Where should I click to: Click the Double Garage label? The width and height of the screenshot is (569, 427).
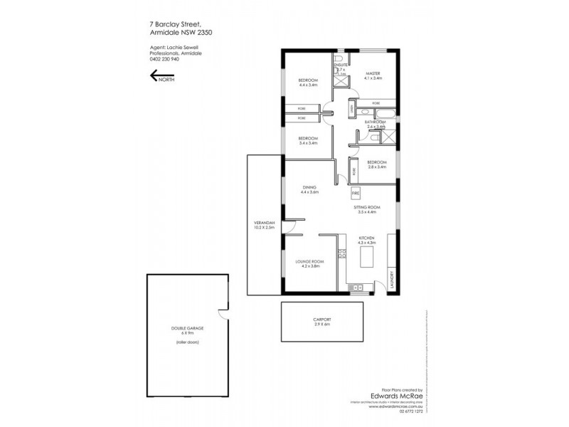(x=184, y=328)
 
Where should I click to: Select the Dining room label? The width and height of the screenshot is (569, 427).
(x=309, y=187)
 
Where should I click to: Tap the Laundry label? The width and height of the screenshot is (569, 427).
(x=391, y=276)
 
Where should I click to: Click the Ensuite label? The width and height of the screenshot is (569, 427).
(x=340, y=65)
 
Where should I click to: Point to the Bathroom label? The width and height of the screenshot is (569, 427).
(x=375, y=122)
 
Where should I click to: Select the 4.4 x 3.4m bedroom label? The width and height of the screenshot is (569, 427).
(x=308, y=81)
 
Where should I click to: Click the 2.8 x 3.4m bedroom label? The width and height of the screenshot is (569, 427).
(x=376, y=162)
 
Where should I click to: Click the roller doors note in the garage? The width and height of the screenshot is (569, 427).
(x=185, y=344)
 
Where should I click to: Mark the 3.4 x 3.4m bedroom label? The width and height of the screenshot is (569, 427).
(x=307, y=138)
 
